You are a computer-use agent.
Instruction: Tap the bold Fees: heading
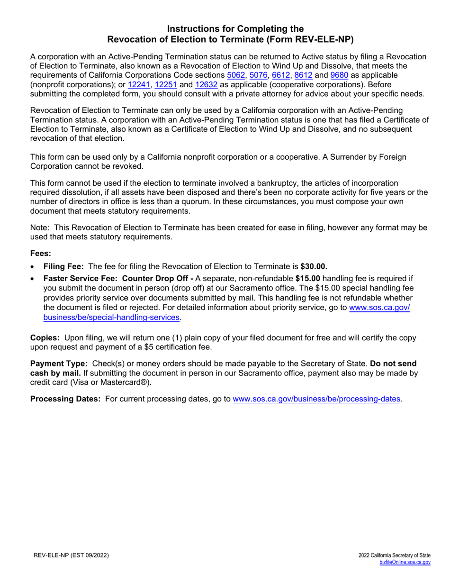pyautogui.click(x=41, y=253)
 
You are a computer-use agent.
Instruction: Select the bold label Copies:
pyautogui.click(x=45, y=338)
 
